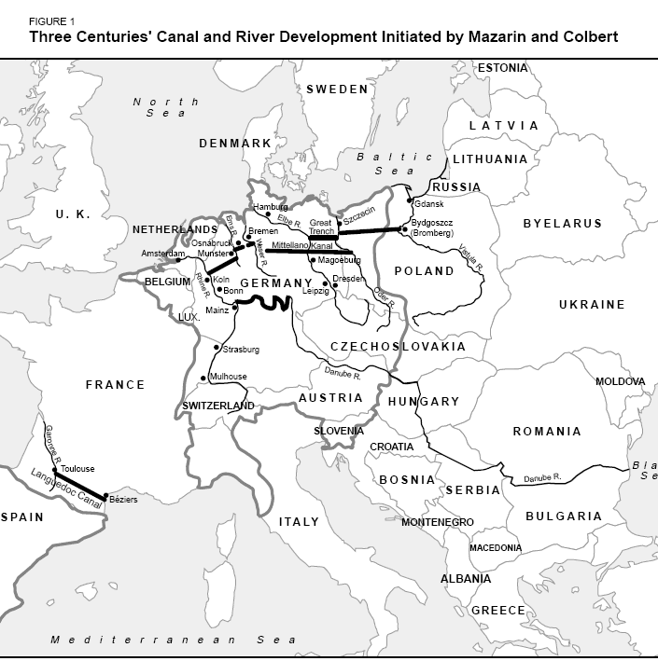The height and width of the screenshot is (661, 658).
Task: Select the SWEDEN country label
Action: coord(338,90)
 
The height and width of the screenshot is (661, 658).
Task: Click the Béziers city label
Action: coord(123,501)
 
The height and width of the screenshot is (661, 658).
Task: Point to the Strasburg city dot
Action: coord(217,349)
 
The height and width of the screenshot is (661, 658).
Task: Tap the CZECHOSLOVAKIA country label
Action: coord(399,347)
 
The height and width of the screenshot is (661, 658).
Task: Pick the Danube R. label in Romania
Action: coord(542,477)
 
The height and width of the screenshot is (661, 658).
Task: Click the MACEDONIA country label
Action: coord(495,547)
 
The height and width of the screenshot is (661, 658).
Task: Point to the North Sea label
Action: coord(165,106)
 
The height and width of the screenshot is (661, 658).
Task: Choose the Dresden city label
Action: coord(347,279)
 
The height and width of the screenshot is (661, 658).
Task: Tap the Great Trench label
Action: coord(321,227)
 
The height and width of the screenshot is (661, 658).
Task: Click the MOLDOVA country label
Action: coord(620,382)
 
